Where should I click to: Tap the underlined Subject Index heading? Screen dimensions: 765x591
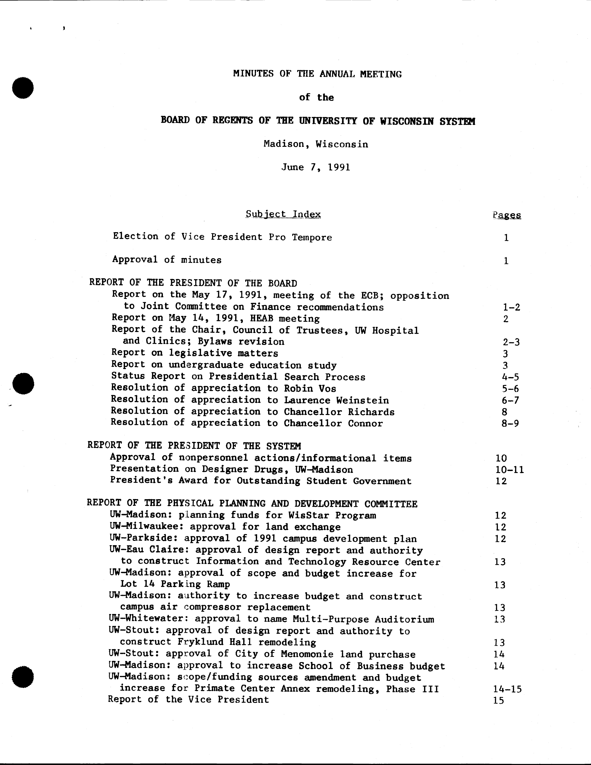point(283,214)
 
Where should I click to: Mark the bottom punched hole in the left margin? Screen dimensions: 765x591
point(23,677)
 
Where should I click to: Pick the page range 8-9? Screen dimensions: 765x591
point(510,423)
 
